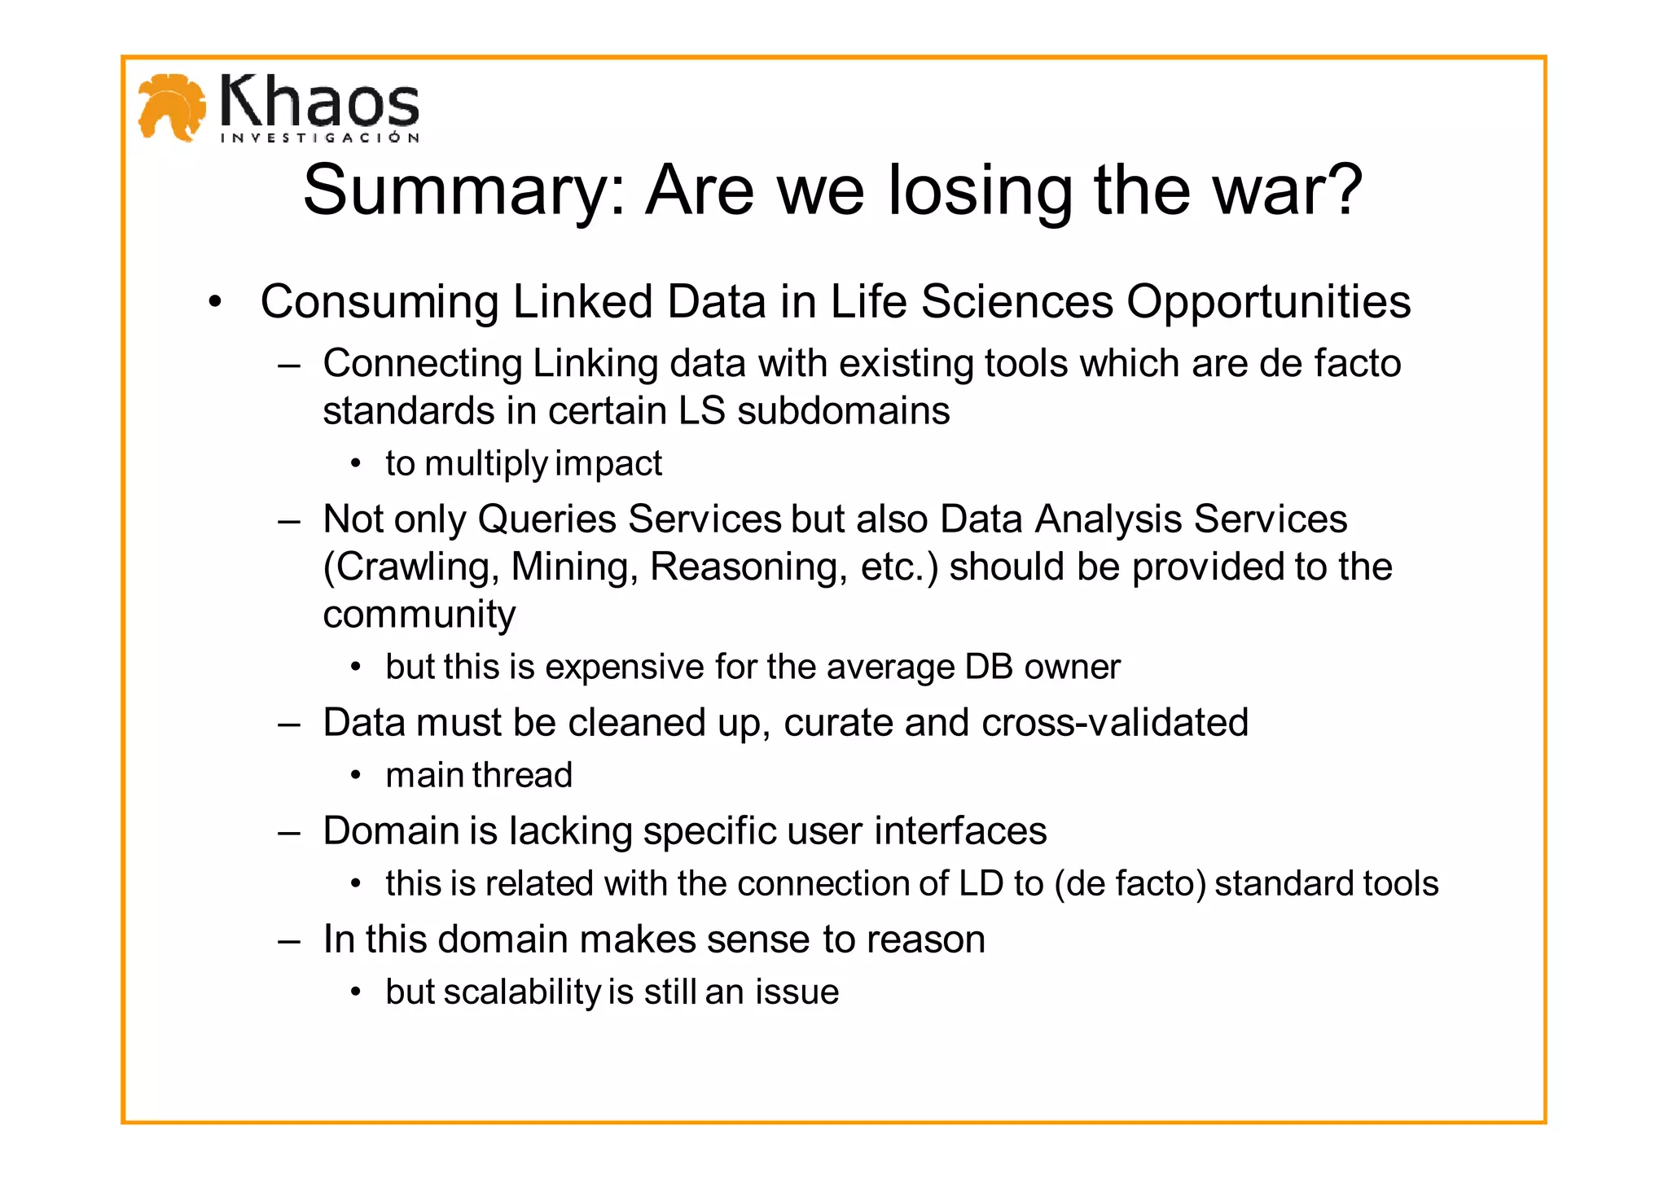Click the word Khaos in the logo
point(319,102)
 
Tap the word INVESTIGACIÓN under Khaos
point(320,138)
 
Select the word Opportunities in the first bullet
point(1268,302)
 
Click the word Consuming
point(379,302)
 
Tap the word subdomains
point(843,411)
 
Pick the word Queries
point(548,519)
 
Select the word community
point(419,615)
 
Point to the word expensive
point(625,667)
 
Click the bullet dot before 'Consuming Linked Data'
point(214,303)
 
